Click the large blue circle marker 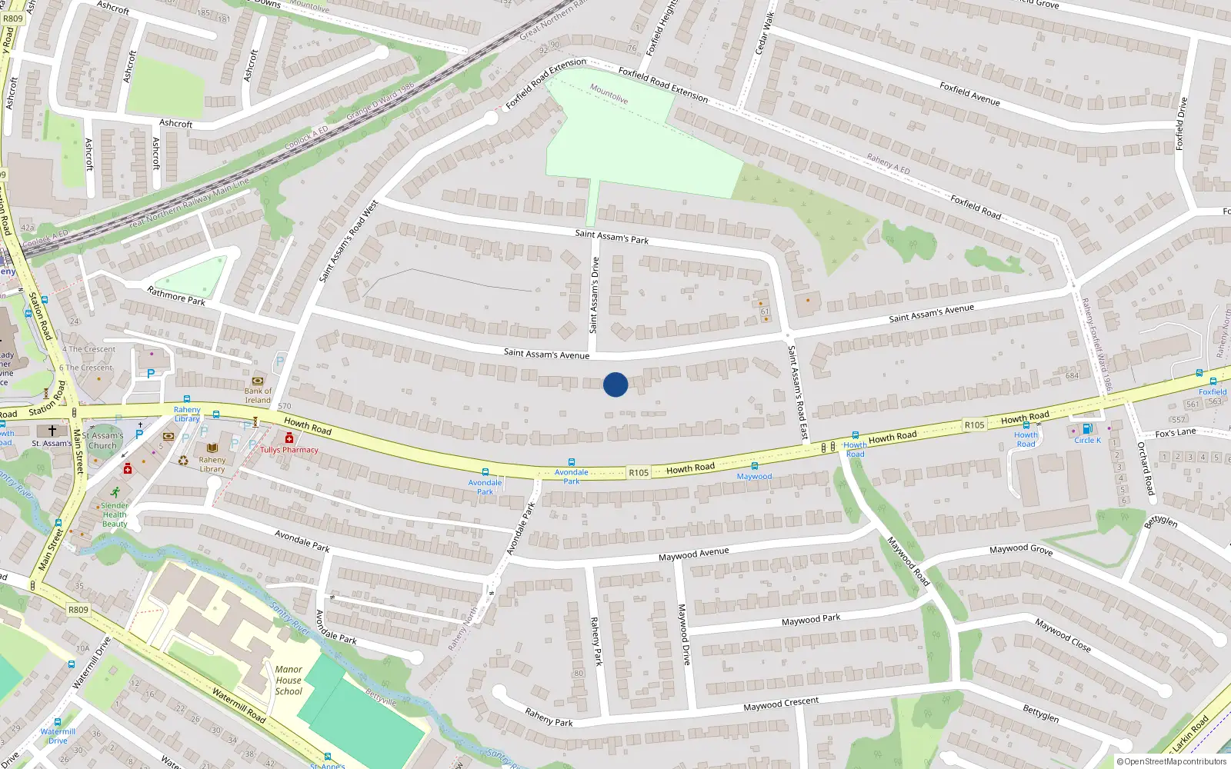615,384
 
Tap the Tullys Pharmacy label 289,450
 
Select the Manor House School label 289,681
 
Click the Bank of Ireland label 258,395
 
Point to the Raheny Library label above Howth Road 187,414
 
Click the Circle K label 1087,441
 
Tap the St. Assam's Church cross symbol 52,431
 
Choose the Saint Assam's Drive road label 594,295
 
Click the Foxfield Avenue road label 969,94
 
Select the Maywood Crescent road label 781,704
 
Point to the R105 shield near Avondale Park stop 639,473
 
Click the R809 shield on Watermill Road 78,610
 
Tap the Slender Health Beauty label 115,514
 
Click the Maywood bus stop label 754,477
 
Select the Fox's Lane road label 1176,433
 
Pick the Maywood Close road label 1063,635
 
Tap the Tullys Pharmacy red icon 289,438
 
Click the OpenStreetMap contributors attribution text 1175,762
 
